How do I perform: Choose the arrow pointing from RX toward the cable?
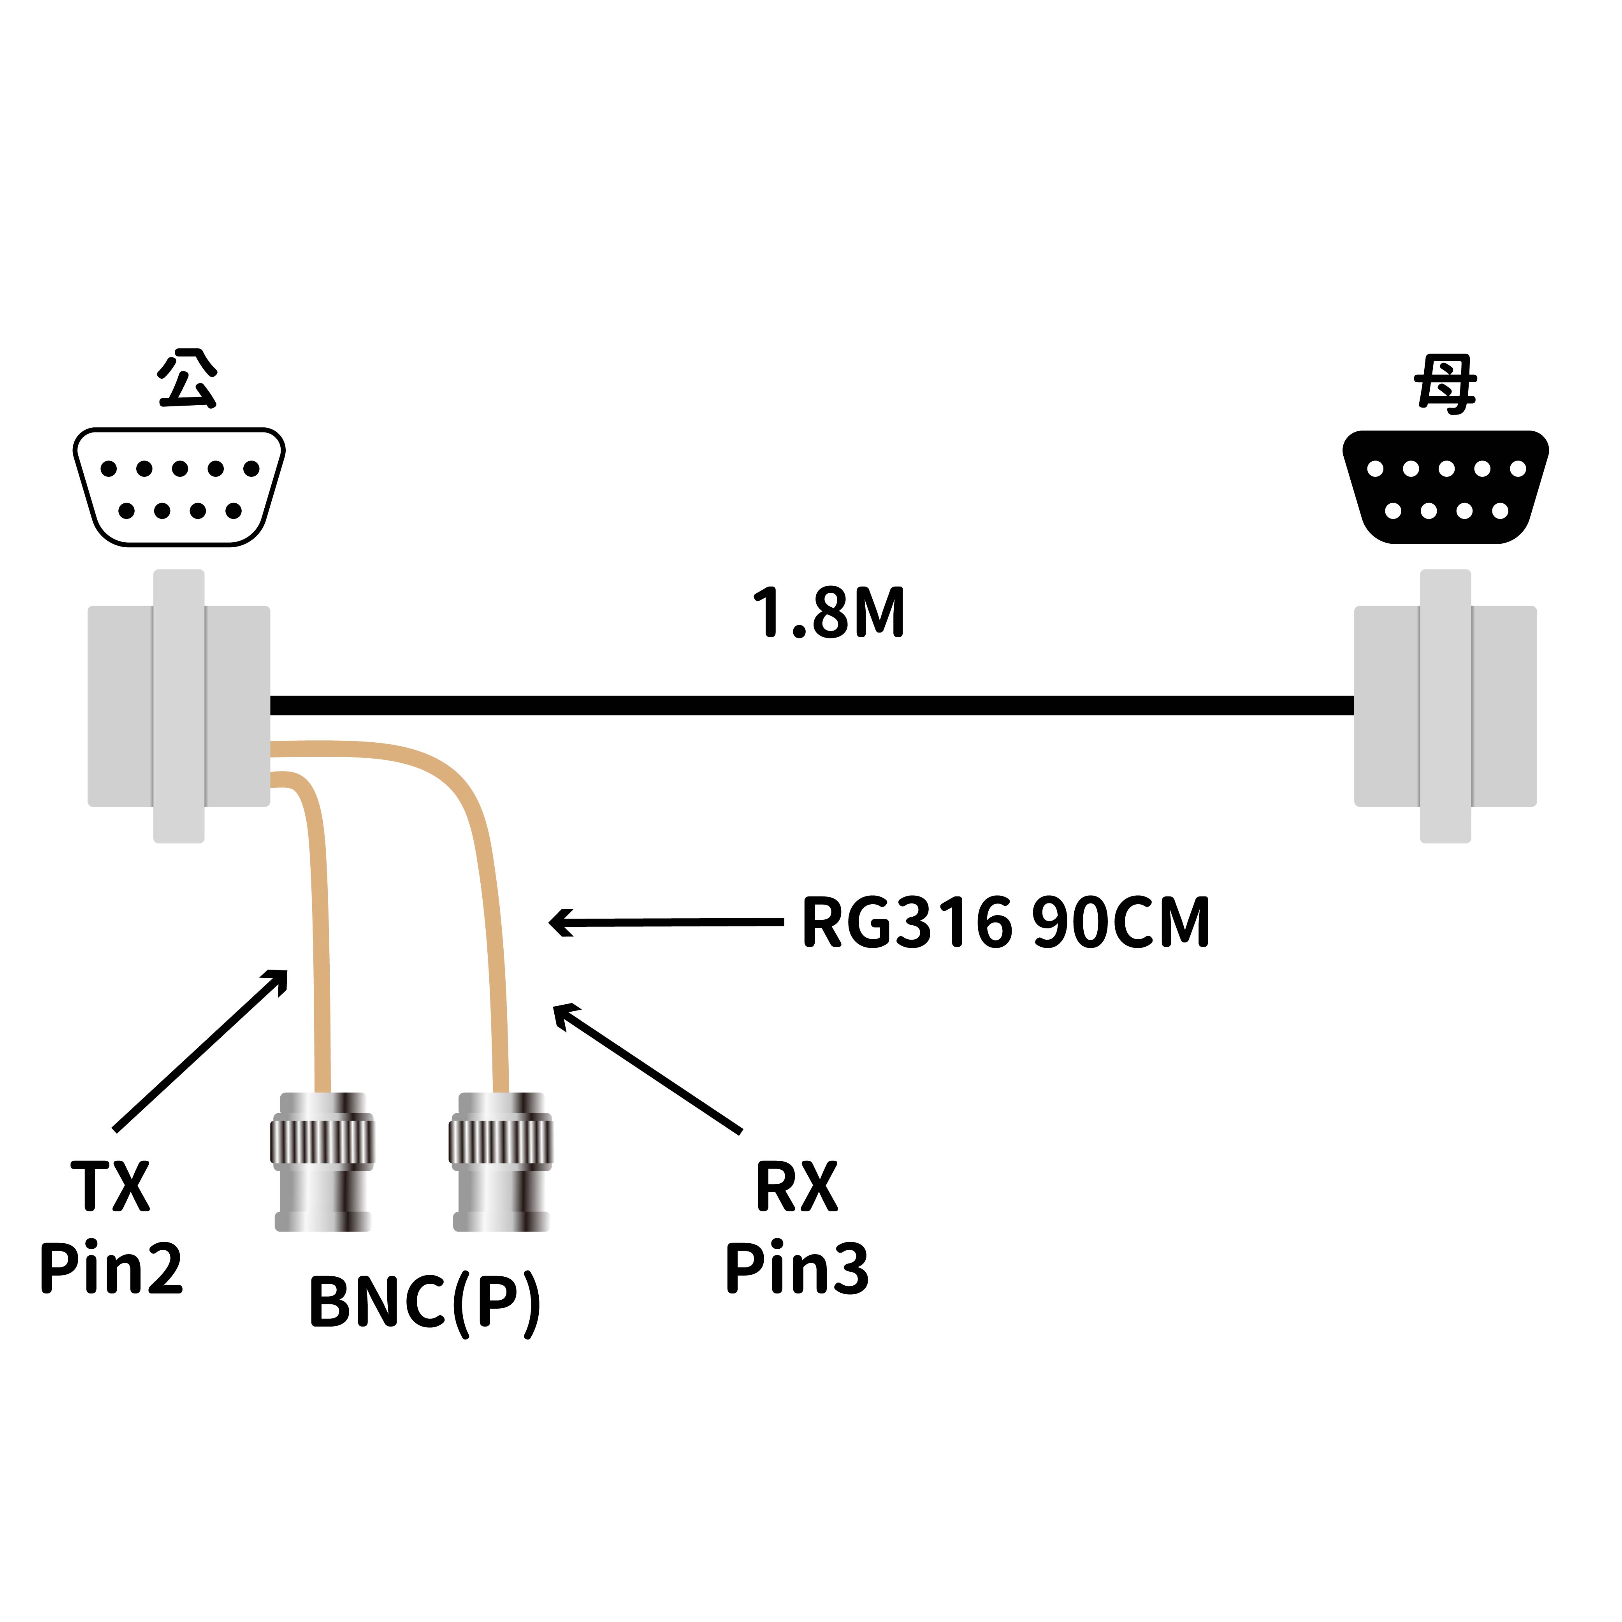click(647, 1068)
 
